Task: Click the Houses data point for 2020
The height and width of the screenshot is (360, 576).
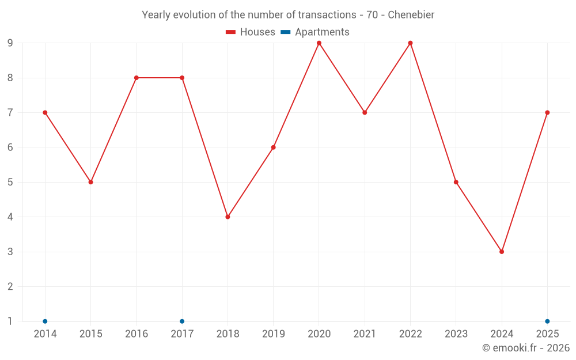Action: pos(319,43)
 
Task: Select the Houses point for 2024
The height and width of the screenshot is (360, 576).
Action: pos(502,252)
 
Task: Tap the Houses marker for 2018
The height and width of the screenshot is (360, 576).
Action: pos(228,217)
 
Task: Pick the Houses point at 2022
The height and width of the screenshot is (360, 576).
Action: pos(410,43)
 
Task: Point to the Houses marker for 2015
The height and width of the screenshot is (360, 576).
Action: pos(91,182)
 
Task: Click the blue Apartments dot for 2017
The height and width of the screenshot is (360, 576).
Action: pos(182,321)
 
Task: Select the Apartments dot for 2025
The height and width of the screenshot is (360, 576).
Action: pos(547,321)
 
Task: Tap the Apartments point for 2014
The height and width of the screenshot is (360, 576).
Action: pos(45,321)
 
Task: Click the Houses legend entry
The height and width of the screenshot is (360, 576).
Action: pos(251,32)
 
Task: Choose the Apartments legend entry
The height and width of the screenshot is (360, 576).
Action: pos(315,32)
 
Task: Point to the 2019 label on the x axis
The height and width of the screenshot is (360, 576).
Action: pos(273,334)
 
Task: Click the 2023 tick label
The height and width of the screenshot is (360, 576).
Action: pos(456,334)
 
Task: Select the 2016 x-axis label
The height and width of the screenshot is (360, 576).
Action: pos(137,334)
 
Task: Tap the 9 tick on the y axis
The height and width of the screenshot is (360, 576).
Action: pos(10,43)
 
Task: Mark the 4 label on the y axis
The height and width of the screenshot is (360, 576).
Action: pos(10,217)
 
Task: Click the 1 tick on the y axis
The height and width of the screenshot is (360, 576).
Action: pos(10,321)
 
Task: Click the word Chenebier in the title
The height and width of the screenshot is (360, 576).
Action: pos(411,15)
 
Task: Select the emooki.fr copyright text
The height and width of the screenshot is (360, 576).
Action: pos(526,347)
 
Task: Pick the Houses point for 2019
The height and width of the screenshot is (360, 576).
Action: pos(273,147)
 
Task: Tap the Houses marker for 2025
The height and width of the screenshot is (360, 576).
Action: pos(547,112)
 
